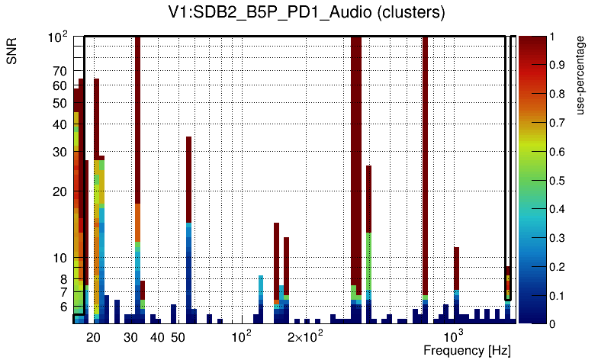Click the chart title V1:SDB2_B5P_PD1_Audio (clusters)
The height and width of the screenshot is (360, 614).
click(x=306, y=13)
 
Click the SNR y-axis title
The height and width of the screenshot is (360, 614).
click(x=12, y=53)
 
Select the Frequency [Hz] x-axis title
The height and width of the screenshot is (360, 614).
click(x=467, y=350)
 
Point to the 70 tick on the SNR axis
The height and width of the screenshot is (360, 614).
click(x=59, y=70)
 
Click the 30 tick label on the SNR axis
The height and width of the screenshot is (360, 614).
click(x=59, y=152)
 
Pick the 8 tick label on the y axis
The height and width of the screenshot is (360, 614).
click(x=63, y=279)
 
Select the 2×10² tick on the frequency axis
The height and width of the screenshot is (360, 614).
click(x=304, y=337)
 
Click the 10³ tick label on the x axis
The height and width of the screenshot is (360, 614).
click(x=454, y=337)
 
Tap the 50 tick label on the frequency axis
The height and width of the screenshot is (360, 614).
click(x=177, y=337)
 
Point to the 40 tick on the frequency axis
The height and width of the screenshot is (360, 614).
click(x=156, y=337)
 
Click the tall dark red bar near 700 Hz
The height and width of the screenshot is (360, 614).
click(x=425, y=153)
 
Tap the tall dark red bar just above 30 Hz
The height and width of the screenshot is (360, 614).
click(x=137, y=114)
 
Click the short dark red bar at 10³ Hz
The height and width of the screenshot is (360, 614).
click(x=456, y=267)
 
